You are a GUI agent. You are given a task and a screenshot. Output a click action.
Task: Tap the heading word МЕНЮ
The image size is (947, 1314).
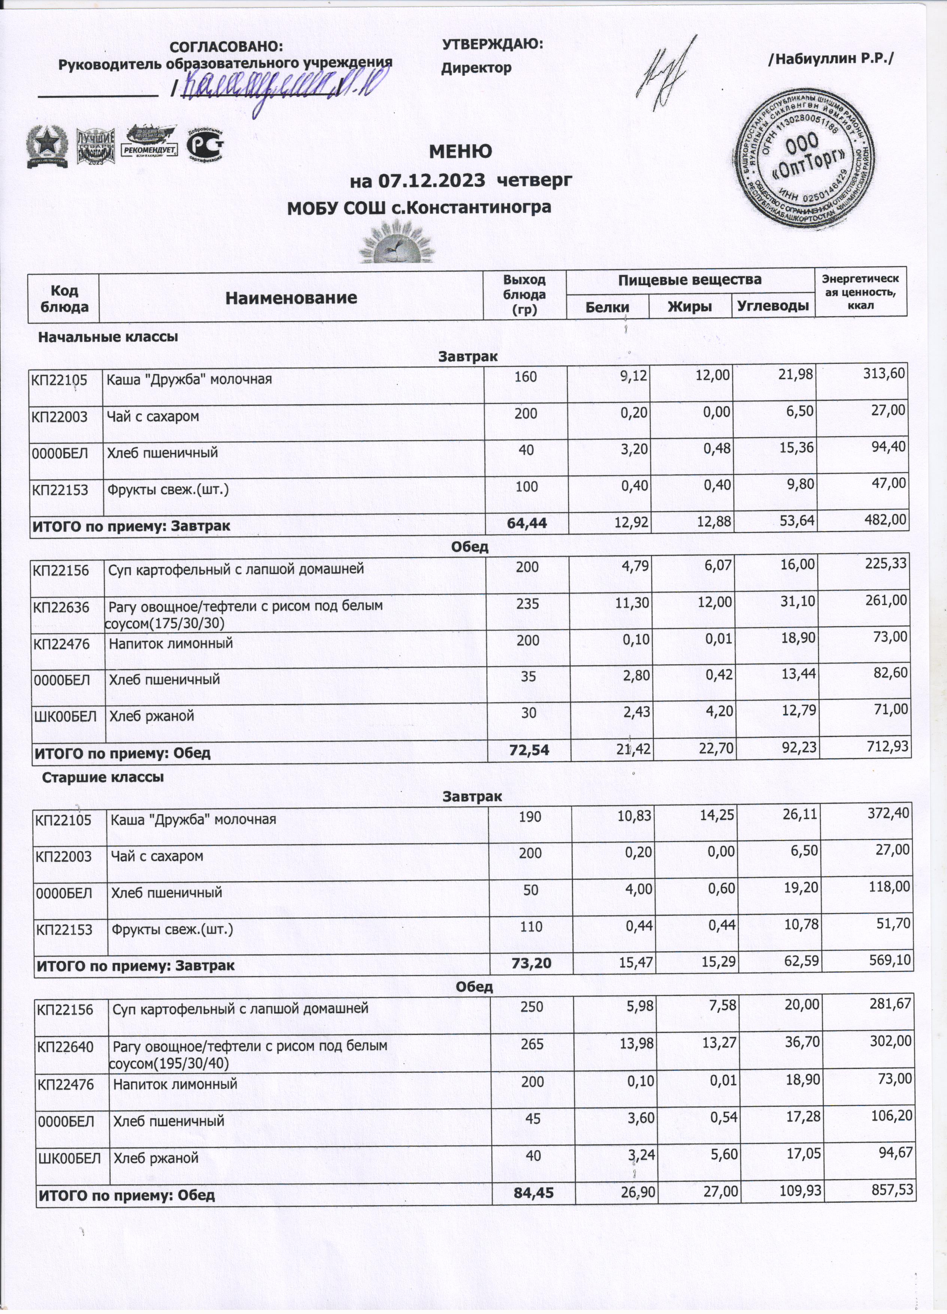point(460,152)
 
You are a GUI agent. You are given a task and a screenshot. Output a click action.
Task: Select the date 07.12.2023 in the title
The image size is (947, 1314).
point(432,181)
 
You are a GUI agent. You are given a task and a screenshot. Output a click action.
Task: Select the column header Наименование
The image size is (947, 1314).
point(291,298)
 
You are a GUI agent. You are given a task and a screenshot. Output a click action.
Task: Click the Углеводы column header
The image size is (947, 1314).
point(773,306)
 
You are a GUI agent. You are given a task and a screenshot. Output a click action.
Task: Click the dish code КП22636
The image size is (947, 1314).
point(61,607)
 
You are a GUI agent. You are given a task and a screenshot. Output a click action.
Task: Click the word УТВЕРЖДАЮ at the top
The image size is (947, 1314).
point(492,44)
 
